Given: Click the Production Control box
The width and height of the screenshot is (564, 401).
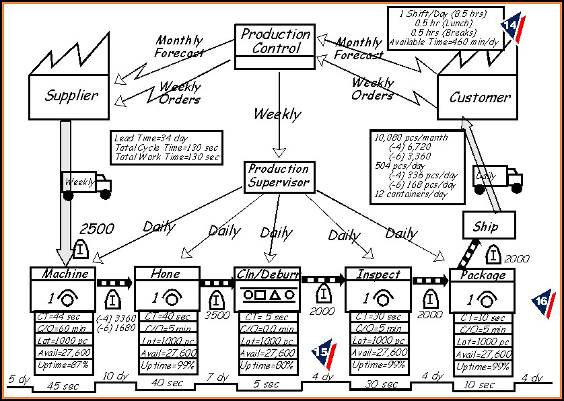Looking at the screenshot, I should (276, 41).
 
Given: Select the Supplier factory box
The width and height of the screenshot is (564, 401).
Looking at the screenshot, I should (71, 96).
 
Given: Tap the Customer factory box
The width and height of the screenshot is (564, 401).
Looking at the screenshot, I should (479, 97).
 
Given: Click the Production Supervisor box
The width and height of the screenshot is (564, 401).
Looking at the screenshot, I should (279, 176).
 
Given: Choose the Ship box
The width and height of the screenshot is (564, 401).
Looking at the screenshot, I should (489, 226).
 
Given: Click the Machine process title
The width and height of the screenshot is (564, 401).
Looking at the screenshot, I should (65, 274).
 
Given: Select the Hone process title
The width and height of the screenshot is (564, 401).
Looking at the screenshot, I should (166, 274).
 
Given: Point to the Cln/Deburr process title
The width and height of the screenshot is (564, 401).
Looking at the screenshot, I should (267, 274).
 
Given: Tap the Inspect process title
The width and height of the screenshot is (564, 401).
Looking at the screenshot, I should (378, 275).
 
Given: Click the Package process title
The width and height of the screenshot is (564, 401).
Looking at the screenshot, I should (482, 275).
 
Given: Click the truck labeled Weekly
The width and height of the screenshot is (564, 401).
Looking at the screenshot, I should (87, 184).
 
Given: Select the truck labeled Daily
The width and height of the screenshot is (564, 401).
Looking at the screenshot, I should (498, 178).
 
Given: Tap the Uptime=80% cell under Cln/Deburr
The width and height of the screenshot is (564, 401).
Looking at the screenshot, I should (267, 365).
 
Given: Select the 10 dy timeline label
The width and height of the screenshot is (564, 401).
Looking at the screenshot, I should (116, 375).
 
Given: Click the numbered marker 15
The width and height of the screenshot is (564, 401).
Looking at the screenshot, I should (322, 351).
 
